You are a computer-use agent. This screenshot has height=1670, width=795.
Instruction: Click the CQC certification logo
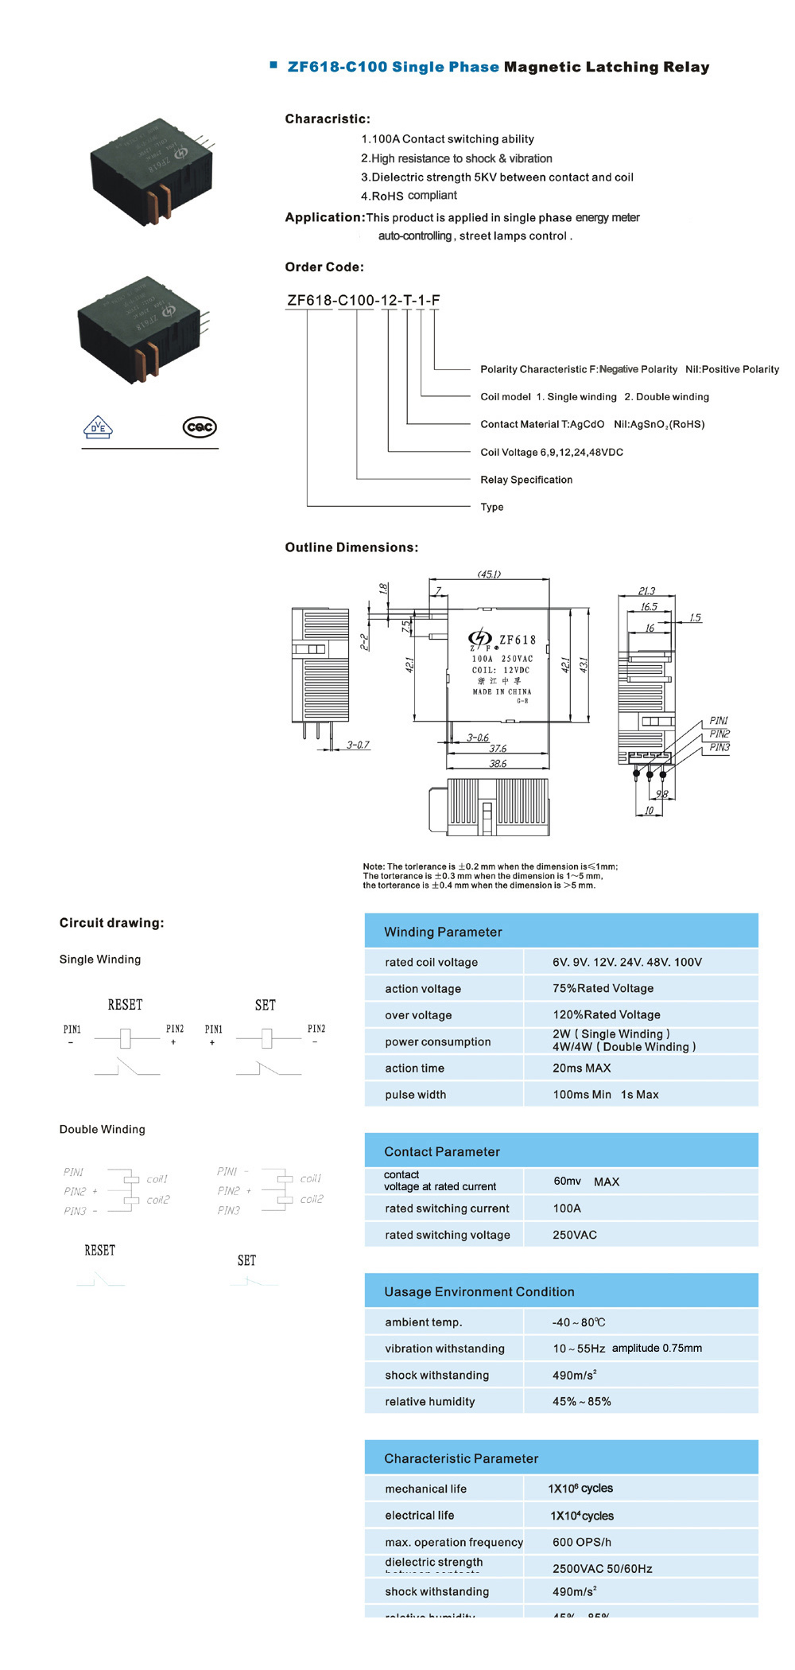click(x=200, y=427)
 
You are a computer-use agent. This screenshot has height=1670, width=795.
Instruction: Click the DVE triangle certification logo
click(x=98, y=427)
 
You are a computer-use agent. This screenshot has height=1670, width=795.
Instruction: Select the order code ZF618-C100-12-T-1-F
click(x=363, y=300)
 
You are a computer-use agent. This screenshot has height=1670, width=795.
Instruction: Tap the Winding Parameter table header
click(x=443, y=932)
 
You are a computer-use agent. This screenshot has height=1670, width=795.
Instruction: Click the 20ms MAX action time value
click(x=581, y=1068)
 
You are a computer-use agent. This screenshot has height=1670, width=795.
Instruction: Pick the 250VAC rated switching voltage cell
click(x=574, y=1235)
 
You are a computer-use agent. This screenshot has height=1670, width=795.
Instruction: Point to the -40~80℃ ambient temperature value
click(x=578, y=1322)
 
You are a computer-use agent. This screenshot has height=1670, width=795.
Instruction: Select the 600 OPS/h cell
click(x=581, y=1542)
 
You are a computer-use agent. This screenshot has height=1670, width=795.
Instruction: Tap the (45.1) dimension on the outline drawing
click(x=489, y=574)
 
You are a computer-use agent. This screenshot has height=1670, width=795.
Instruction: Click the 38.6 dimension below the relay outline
click(x=498, y=764)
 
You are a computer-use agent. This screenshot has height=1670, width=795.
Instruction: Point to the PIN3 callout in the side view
click(x=719, y=747)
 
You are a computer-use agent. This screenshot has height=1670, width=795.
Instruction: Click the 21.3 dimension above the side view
click(x=646, y=591)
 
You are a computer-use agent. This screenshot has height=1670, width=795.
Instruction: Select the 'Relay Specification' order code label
click(x=526, y=480)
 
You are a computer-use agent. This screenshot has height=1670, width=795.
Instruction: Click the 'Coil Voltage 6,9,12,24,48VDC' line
click(x=552, y=452)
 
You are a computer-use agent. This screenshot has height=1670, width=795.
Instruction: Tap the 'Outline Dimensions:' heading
click(x=351, y=547)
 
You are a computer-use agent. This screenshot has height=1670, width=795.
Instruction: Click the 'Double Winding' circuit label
click(x=103, y=1129)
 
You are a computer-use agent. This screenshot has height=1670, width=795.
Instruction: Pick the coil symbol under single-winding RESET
click(x=125, y=1037)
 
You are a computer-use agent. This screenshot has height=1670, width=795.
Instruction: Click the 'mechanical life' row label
click(x=425, y=1489)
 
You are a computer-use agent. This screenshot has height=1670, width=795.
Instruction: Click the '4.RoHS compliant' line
click(x=409, y=196)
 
